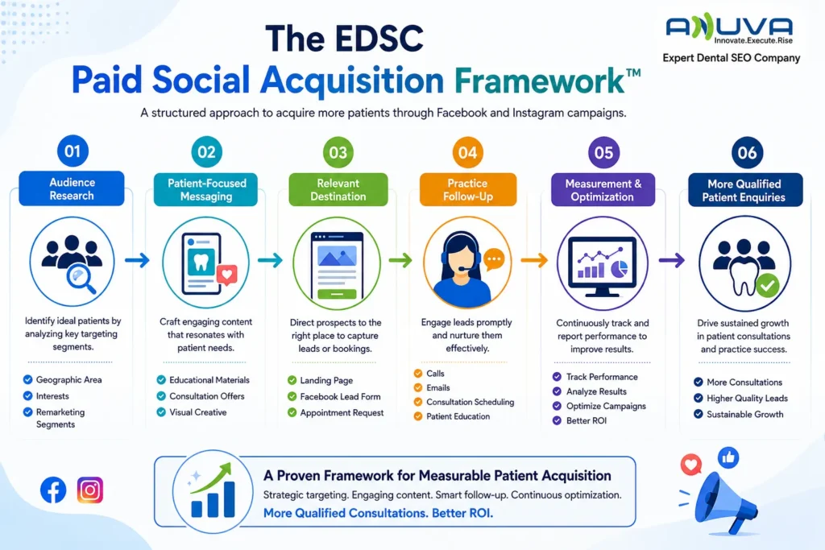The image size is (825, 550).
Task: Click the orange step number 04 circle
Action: [x=467, y=152]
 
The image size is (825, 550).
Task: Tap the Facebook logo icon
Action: [x=53, y=490]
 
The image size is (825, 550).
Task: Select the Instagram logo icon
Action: [x=90, y=490]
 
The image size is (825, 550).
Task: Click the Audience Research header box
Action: [x=72, y=188]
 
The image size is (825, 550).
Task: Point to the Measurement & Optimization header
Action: [x=603, y=190]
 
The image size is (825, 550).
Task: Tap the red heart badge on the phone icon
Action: [x=226, y=275]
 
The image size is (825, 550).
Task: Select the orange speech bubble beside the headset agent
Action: [x=494, y=259]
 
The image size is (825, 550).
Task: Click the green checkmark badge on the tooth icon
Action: [x=768, y=286]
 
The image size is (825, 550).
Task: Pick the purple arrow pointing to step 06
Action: [x=672, y=260]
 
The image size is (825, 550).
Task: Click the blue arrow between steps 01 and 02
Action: [x=137, y=260]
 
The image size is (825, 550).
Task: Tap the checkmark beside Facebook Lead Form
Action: [x=292, y=396]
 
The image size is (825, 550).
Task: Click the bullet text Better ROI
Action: [x=587, y=420]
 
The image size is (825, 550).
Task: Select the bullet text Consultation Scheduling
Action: [x=470, y=402]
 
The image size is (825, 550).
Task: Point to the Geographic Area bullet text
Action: [x=69, y=379]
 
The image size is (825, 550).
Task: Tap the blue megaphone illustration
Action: [x=725, y=503]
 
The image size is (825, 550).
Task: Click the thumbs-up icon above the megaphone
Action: [x=728, y=458]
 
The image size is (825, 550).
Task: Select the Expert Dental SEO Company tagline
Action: [x=732, y=58]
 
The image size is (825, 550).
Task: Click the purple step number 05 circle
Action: [x=603, y=152]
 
